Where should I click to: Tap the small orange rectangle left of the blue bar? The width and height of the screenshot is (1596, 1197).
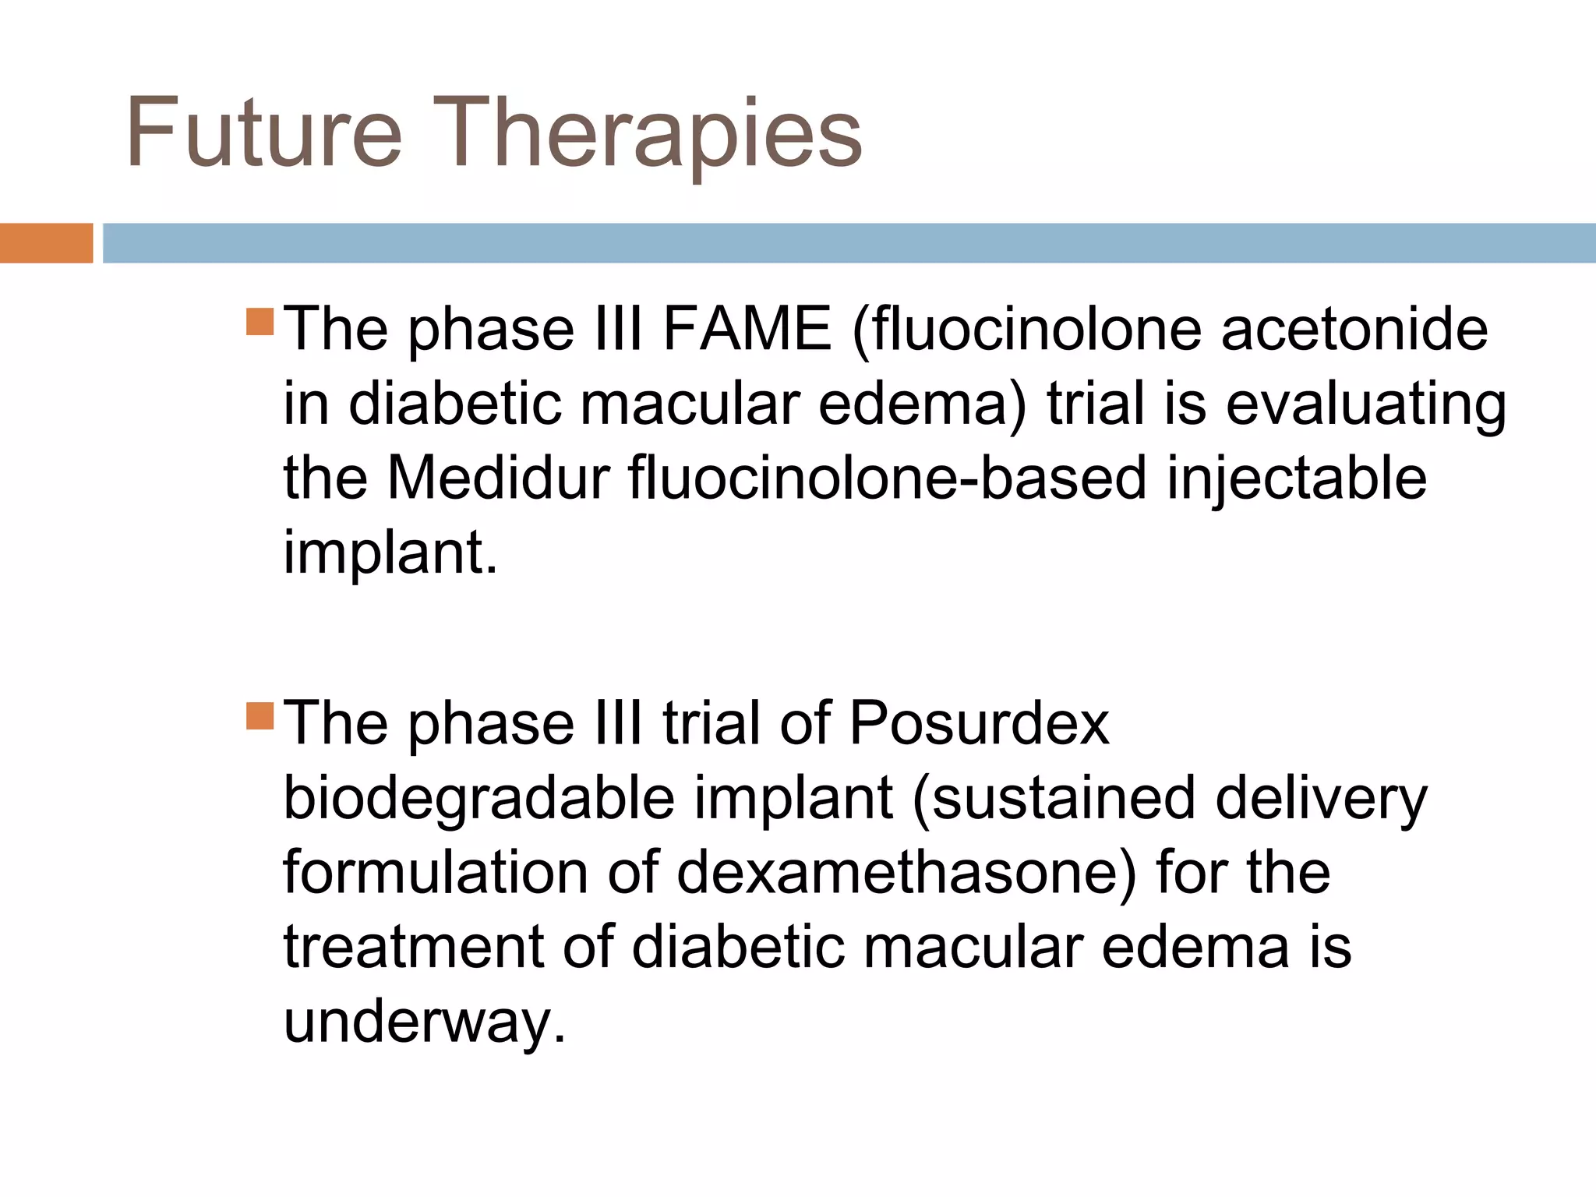pyautogui.click(x=46, y=243)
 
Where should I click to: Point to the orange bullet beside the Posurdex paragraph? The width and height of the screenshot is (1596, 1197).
pyautogui.click(x=260, y=716)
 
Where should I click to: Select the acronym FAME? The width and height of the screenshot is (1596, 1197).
pyautogui.click(x=747, y=329)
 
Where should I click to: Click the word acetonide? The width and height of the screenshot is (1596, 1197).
pyautogui.click(x=1354, y=329)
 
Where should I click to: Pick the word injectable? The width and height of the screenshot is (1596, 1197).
pyautogui.click(x=1297, y=478)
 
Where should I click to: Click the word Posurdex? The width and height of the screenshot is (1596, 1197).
pyautogui.click(x=979, y=723)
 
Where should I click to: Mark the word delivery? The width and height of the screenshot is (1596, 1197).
pyautogui.click(x=1321, y=798)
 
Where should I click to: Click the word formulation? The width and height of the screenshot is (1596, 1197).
pyautogui.click(x=435, y=872)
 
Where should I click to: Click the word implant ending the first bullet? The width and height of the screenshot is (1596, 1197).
pyautogui.click(x=389, y=553)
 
